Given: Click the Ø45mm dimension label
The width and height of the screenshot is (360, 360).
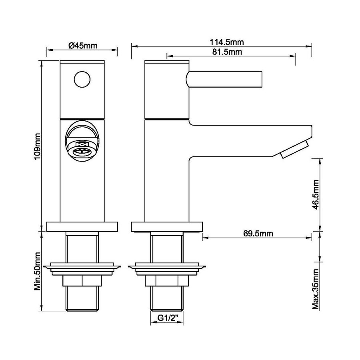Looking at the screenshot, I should tap(83, 45).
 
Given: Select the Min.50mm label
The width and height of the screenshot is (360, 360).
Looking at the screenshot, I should tap(37, 271).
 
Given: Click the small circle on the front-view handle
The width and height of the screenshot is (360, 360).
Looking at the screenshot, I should tap(83, 78).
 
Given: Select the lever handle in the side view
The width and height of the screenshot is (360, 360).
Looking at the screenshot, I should tap(224, 78).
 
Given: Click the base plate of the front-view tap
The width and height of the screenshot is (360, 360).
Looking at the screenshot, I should tap(83, 227).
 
